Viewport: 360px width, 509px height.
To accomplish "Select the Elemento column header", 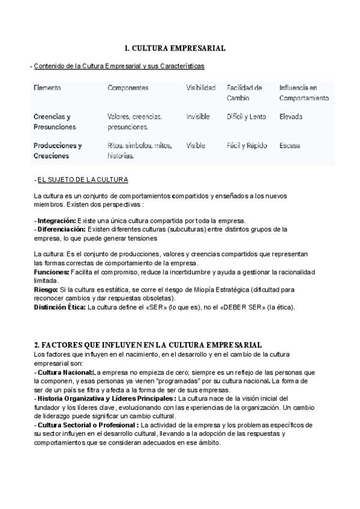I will click(47, 88).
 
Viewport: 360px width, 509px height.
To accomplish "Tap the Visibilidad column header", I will click(200, 88).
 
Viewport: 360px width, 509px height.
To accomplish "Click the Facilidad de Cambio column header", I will click(244, 92).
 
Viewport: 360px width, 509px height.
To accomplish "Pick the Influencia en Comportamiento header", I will click(304, 92).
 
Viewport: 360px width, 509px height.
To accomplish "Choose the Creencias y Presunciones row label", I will click(55, 121).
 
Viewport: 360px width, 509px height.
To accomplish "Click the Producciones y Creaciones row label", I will click(58, 150).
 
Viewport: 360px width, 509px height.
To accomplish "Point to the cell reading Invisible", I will click(197, 116).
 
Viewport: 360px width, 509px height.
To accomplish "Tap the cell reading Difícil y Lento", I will click(246, 116).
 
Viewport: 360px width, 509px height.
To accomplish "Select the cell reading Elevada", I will click(290, 116).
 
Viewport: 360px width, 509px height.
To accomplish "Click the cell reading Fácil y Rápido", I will click(247, 145).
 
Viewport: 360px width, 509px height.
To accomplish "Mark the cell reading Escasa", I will click(289, 145).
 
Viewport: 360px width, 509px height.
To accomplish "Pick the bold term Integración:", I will click(56, 220).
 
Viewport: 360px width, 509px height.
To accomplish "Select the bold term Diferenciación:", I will click(61, 229).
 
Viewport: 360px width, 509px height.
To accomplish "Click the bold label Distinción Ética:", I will click(60, 307).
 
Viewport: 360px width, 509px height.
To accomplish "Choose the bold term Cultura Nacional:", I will click(64, 372).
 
